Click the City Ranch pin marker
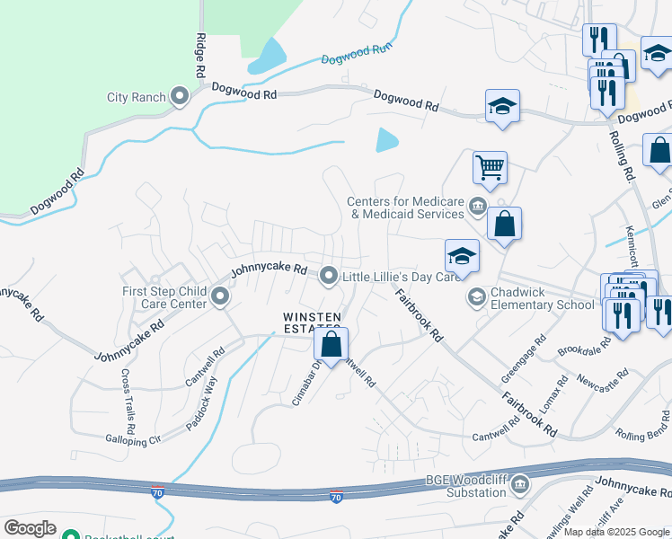180,96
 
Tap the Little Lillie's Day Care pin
330,276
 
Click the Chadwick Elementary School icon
476,296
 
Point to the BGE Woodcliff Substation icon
520,486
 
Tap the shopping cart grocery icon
491,165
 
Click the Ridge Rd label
200,56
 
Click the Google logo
30,528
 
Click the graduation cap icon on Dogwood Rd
502,106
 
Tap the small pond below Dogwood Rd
387,139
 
